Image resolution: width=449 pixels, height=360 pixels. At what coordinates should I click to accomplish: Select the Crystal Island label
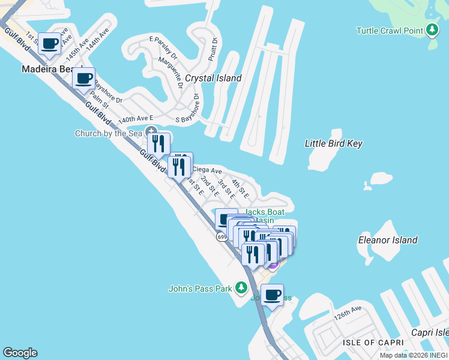pos(213,78)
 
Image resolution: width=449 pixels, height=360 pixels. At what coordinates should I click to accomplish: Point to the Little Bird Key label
pos(334,143)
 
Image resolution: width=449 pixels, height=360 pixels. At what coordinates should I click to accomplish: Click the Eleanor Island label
pos(387,240)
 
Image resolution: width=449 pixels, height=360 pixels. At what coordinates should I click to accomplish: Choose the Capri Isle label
pos(430,332)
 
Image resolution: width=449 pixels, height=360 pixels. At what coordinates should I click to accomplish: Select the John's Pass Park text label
pos(200,289)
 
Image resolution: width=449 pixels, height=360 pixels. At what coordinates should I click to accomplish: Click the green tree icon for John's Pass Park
pos(241,288)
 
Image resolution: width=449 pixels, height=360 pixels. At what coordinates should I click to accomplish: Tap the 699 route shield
pos(222,237)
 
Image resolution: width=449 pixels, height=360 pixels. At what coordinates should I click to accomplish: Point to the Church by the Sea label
pos(109,133)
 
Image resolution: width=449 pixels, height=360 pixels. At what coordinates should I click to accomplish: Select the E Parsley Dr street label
pos(163,47)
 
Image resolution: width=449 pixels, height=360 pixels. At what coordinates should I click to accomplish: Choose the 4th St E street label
pos(240,190)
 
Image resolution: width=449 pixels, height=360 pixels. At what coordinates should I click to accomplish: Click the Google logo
pos(20,353)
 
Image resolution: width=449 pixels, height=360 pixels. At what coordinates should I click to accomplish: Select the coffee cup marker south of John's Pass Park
pos(272,295)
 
